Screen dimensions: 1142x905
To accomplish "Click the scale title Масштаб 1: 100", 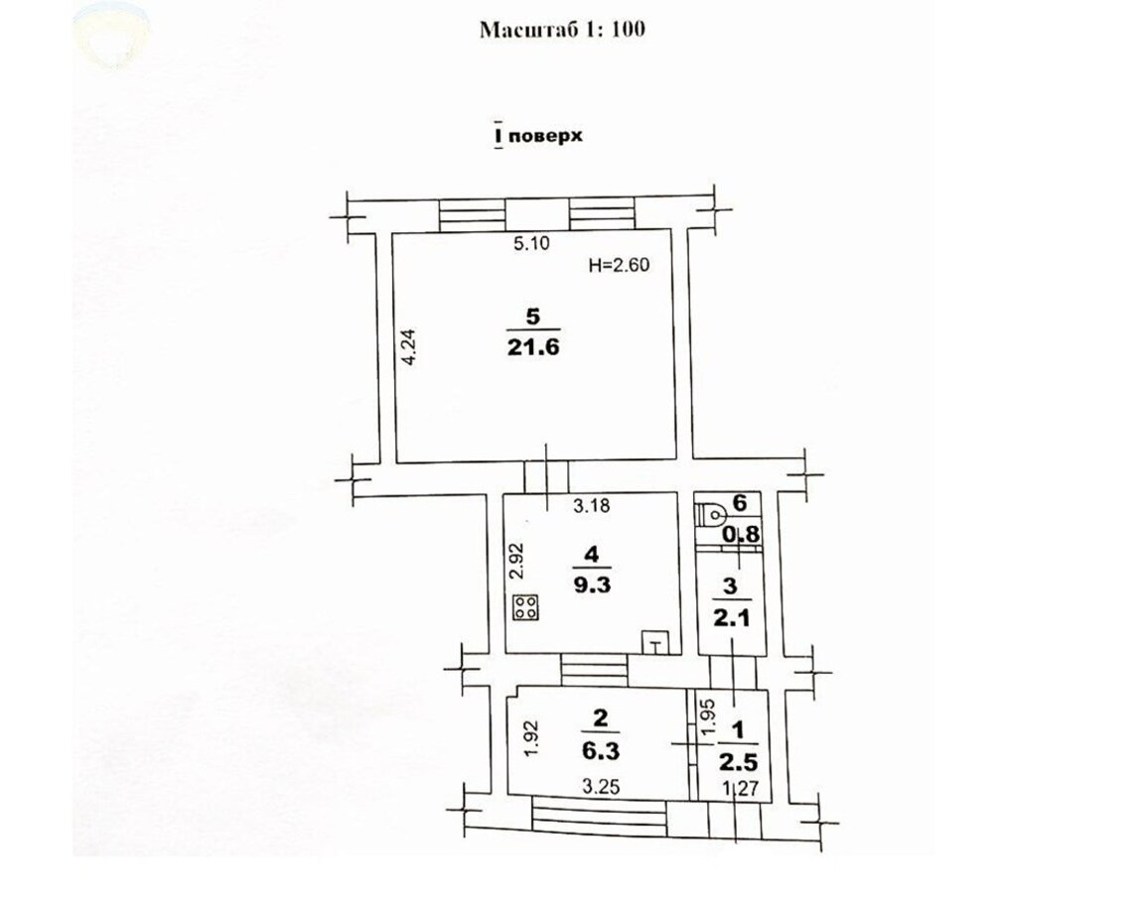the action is (x=562, y=29).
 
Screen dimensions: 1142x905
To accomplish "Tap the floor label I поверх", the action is (x=538, y=136).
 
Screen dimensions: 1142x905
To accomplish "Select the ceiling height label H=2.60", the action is (x=619, y=265).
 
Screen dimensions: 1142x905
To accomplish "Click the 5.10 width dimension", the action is (x=531, y=243).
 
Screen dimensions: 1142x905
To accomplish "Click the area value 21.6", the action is (x=533, y=347).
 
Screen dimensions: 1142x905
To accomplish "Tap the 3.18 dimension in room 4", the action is (x=591, y=505).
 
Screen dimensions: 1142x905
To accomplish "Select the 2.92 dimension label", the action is (x=516, y=561).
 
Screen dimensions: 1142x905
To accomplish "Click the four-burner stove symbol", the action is (x=526, y=608).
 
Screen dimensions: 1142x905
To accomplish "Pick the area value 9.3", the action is (x=592, y=584).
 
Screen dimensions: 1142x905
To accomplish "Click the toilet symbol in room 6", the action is (x=711, y=514).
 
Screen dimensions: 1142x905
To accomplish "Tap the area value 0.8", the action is (x=741, y=535).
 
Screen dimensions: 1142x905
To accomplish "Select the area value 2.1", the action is (x=731, y=619).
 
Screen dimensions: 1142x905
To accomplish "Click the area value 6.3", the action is (x=600, y=750).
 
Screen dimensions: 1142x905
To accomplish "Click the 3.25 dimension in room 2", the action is (x=601, y=787).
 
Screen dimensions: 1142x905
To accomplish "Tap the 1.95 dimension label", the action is (x=706, y=717).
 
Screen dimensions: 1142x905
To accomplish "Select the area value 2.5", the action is (x=739, y=762).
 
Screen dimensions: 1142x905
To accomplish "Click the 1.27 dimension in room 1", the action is (x=741, y=788).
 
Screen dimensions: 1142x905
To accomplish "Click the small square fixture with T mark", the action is (x=655, y=642).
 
